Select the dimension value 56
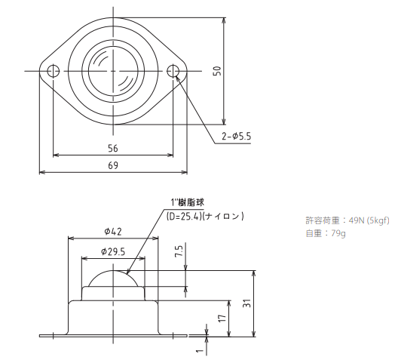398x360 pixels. [x=113, y=149]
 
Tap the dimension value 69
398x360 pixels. [x=113, y=165]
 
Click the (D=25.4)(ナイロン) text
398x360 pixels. [x=204, y=217]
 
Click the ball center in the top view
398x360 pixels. [x=113, y=71]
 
